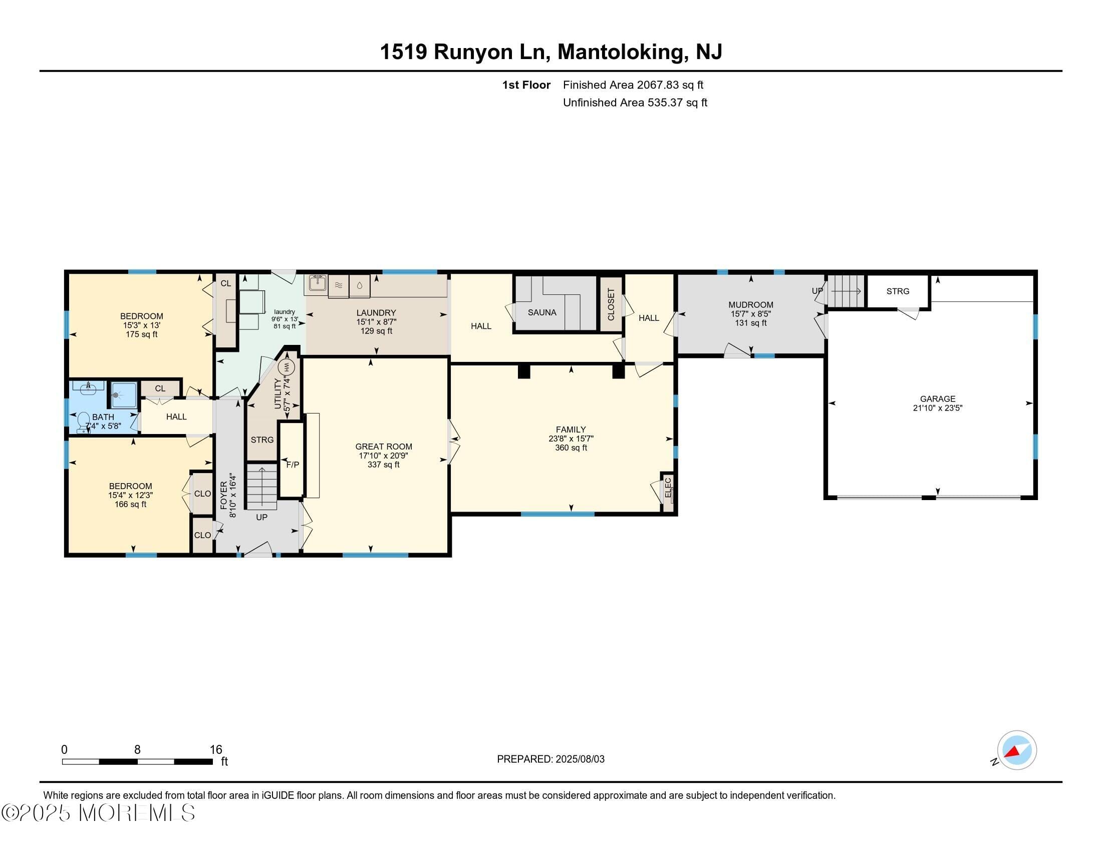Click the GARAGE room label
coord(938,399)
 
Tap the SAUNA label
coord(542,312)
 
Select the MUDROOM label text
coord(750,304)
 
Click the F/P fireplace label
coord(293,465)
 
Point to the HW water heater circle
coord(286,366)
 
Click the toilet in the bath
coord(83,422)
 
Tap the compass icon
coord(1016,750)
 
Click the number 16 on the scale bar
coord(216,750)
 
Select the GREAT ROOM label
coord(384,447)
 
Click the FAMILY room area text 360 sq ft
coord(571,448)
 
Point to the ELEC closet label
coord(668,487)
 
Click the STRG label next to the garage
coord(898,291)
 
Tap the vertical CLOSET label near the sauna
coord(611,304)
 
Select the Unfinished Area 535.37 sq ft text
coord(635,103)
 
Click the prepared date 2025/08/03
coord(580,759)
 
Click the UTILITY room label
coord(278,393)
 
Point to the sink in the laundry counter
coord(316,284)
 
